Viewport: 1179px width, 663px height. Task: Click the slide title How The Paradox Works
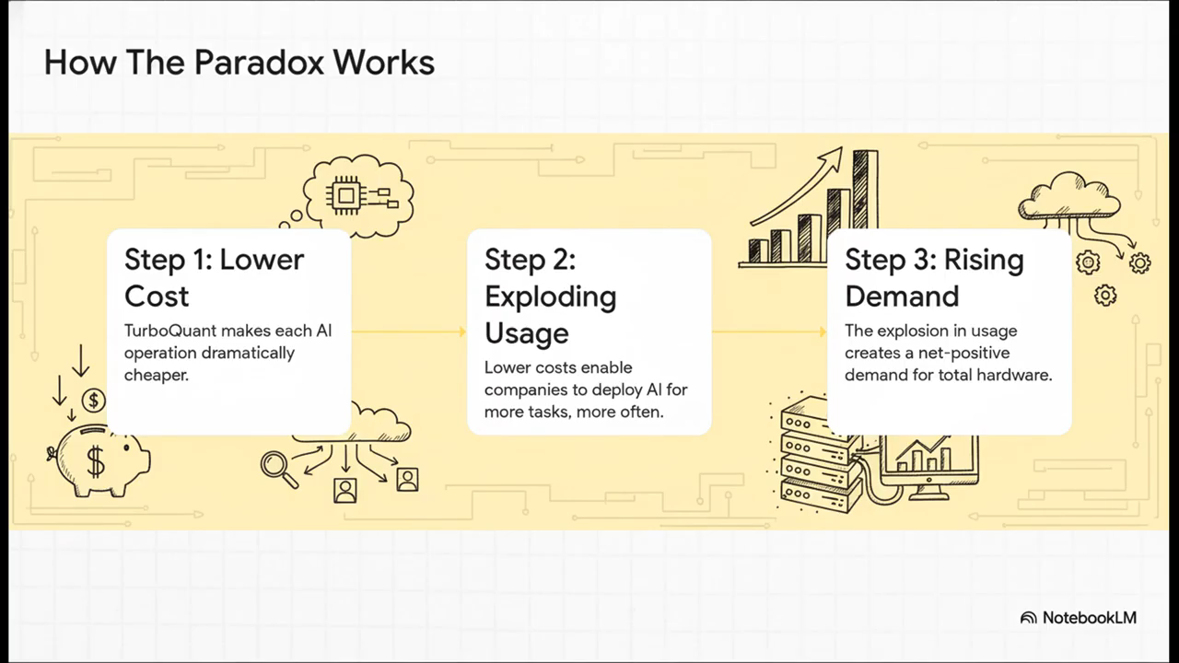[x=239, y=63]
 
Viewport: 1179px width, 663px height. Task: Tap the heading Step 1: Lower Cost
[x=214, y=277]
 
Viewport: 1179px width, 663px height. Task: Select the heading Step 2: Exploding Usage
[x=550, y=296]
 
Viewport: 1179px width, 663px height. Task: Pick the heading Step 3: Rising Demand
[x=933, y=277]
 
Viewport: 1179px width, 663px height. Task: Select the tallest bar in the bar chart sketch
[x=864, y=204]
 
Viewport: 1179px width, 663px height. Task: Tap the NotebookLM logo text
[x=1089, y=618]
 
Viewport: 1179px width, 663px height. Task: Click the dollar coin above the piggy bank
[x=93, y=400]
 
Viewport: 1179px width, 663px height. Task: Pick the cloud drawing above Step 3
[x=1068, y=195]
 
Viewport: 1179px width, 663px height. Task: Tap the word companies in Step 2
[x=525, y=390]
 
